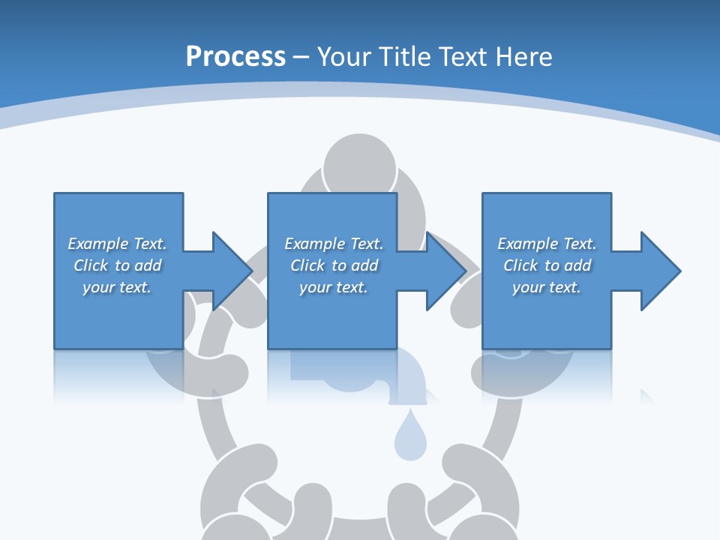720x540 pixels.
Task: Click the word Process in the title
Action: point(235,57)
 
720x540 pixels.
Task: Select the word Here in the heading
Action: point(525,57)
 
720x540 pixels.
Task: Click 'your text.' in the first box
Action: point(117,287)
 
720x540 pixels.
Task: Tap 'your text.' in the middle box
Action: point(334,287)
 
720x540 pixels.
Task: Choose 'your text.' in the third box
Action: point(547,287)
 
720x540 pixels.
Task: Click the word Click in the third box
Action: point(520,265)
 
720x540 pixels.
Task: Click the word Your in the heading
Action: point(343,57)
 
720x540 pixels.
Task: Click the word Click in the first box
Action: point(91,265)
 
